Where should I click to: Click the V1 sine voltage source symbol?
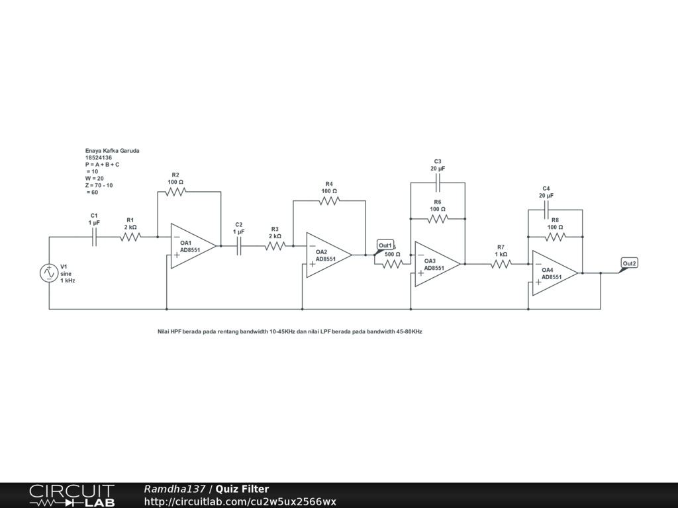[x=49, y=273]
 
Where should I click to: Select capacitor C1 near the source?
[x=94, y=237]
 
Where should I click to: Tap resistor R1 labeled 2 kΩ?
[x=130, y=237]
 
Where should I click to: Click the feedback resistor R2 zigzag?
[x=175, y=191]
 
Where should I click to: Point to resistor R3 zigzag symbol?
[x=275, y=246]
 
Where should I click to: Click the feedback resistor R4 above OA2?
[x=329, y=200]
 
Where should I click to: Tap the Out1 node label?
[x=385, y=245]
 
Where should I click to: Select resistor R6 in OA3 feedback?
[x=438, y=218]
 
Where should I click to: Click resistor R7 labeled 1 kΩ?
[x=501, y=264]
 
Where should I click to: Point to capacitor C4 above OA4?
[x=546, y=210]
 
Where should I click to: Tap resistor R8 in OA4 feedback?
[x=555, y=236]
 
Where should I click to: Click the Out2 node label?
[x=629, y=264]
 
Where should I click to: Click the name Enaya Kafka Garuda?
[x=112, y=151]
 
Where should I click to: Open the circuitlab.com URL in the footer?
[x=240, y=501]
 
